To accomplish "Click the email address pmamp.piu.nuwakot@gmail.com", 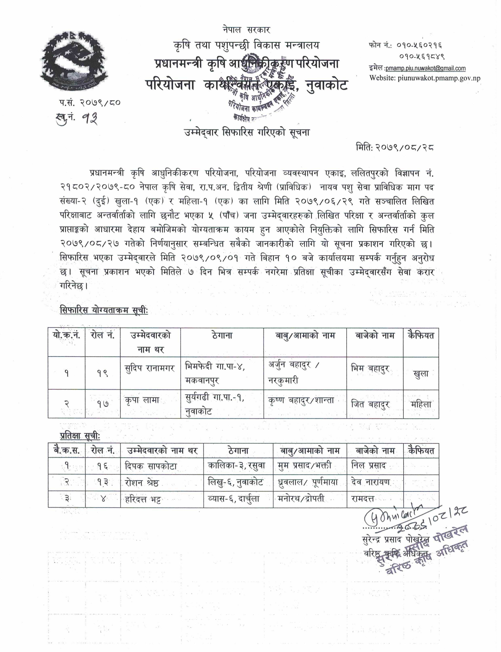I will (426, 68).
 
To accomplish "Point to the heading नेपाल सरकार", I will (246, 30).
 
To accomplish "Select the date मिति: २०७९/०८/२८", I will (395, 147).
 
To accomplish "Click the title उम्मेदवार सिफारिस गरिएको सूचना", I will (247, 132).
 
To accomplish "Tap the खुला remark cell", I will (421, 374).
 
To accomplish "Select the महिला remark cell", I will (421, 404).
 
